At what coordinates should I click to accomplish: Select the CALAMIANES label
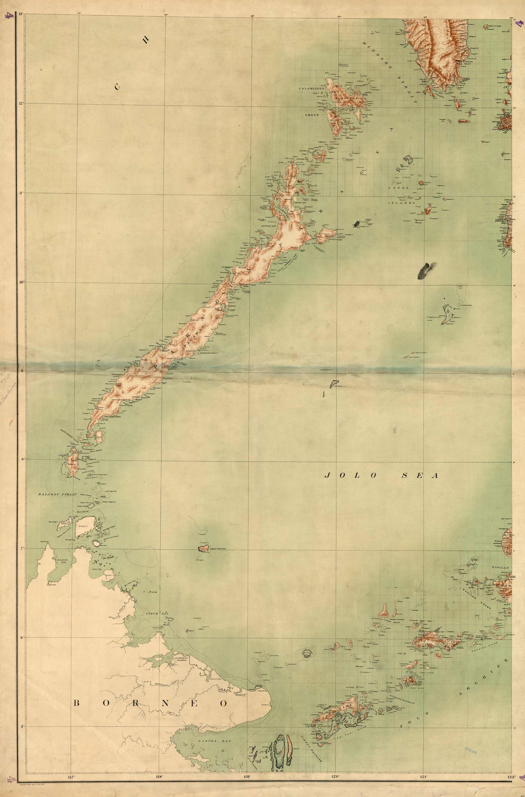[x=312, y=89]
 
